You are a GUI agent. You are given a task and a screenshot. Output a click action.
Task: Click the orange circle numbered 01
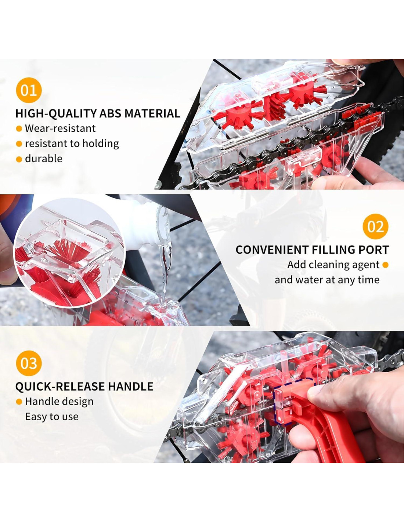29,90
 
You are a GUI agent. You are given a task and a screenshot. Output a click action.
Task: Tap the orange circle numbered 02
375,226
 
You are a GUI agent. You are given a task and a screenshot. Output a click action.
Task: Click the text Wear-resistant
60,128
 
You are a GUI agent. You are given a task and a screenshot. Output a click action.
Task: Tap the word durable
44,159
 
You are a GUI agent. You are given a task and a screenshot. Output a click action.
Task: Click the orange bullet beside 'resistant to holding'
19,144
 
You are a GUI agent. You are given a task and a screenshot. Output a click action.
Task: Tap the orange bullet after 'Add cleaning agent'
385,265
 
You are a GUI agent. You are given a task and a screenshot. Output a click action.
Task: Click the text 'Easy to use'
52,417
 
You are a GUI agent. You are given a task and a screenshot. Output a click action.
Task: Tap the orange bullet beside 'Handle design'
19,402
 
